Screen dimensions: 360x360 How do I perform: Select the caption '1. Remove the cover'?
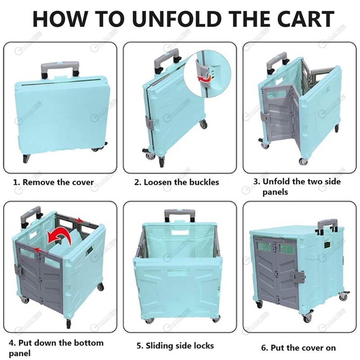pyautogui.click(x=54, y=182)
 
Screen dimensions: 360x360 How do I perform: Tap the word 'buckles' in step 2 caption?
pyautogui.click(x=204, y=182)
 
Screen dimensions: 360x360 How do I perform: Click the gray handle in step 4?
pyautogui.click(x=31, y=216)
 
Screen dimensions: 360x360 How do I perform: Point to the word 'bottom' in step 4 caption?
pyautogui.click(x=88, y=343)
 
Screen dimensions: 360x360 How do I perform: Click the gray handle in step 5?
pyautogui.click(x=178, y=216)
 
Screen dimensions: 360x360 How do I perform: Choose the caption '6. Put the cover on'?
pyautogui.click(x=298, y=347)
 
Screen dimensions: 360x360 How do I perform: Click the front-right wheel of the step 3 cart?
pyautogui.click(x=303, y=161)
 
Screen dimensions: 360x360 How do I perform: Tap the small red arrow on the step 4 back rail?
pyautogui.click(x=80, y=221)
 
